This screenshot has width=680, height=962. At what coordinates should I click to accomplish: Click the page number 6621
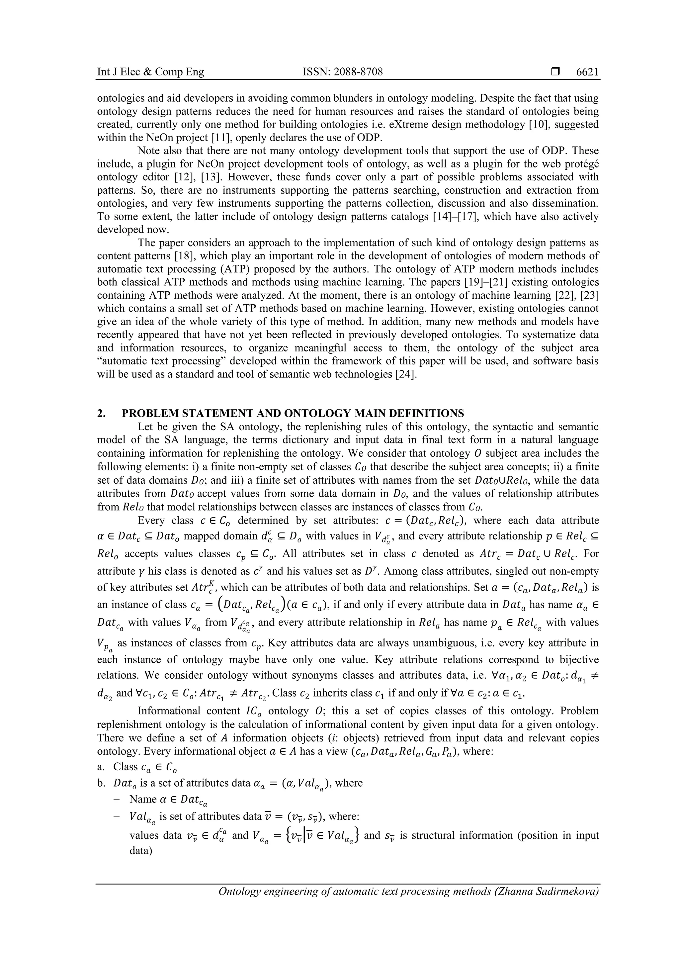587,72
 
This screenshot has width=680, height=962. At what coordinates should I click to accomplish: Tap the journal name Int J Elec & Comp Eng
150,72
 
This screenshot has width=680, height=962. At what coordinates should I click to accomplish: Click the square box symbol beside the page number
555,72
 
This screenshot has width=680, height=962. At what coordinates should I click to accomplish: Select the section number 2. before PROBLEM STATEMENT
101,414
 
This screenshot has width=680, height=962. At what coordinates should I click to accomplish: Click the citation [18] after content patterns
190,256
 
